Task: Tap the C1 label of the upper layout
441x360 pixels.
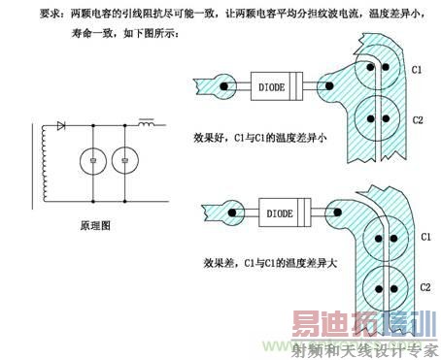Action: pyautogui.click(x=415, y=71)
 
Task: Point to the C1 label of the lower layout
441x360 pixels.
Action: pyautogui.click(x=424, y=236)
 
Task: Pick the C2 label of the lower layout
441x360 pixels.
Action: pyautogui.click(x=424, y=287)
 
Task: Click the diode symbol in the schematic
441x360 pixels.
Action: pyautogui.click(x=61, y=126)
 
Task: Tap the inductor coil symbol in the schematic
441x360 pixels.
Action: pyautogui.click(x=149, y=124)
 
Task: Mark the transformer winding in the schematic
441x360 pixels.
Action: pyautogui.click(x=42, y=165)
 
